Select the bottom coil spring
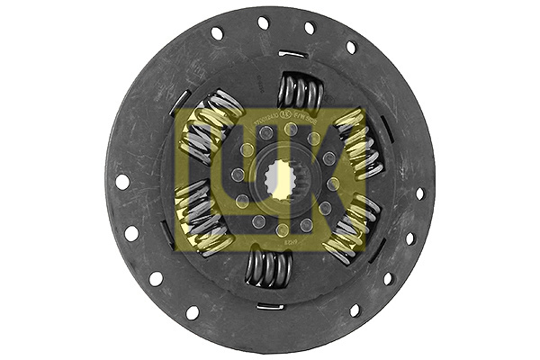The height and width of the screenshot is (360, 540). (268, 268)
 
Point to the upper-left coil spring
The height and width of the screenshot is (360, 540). (214, 118)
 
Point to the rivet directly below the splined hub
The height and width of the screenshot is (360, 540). (282, 229)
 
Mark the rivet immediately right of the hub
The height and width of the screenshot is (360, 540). (334, 184)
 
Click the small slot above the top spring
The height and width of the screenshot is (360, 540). (292, 54)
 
